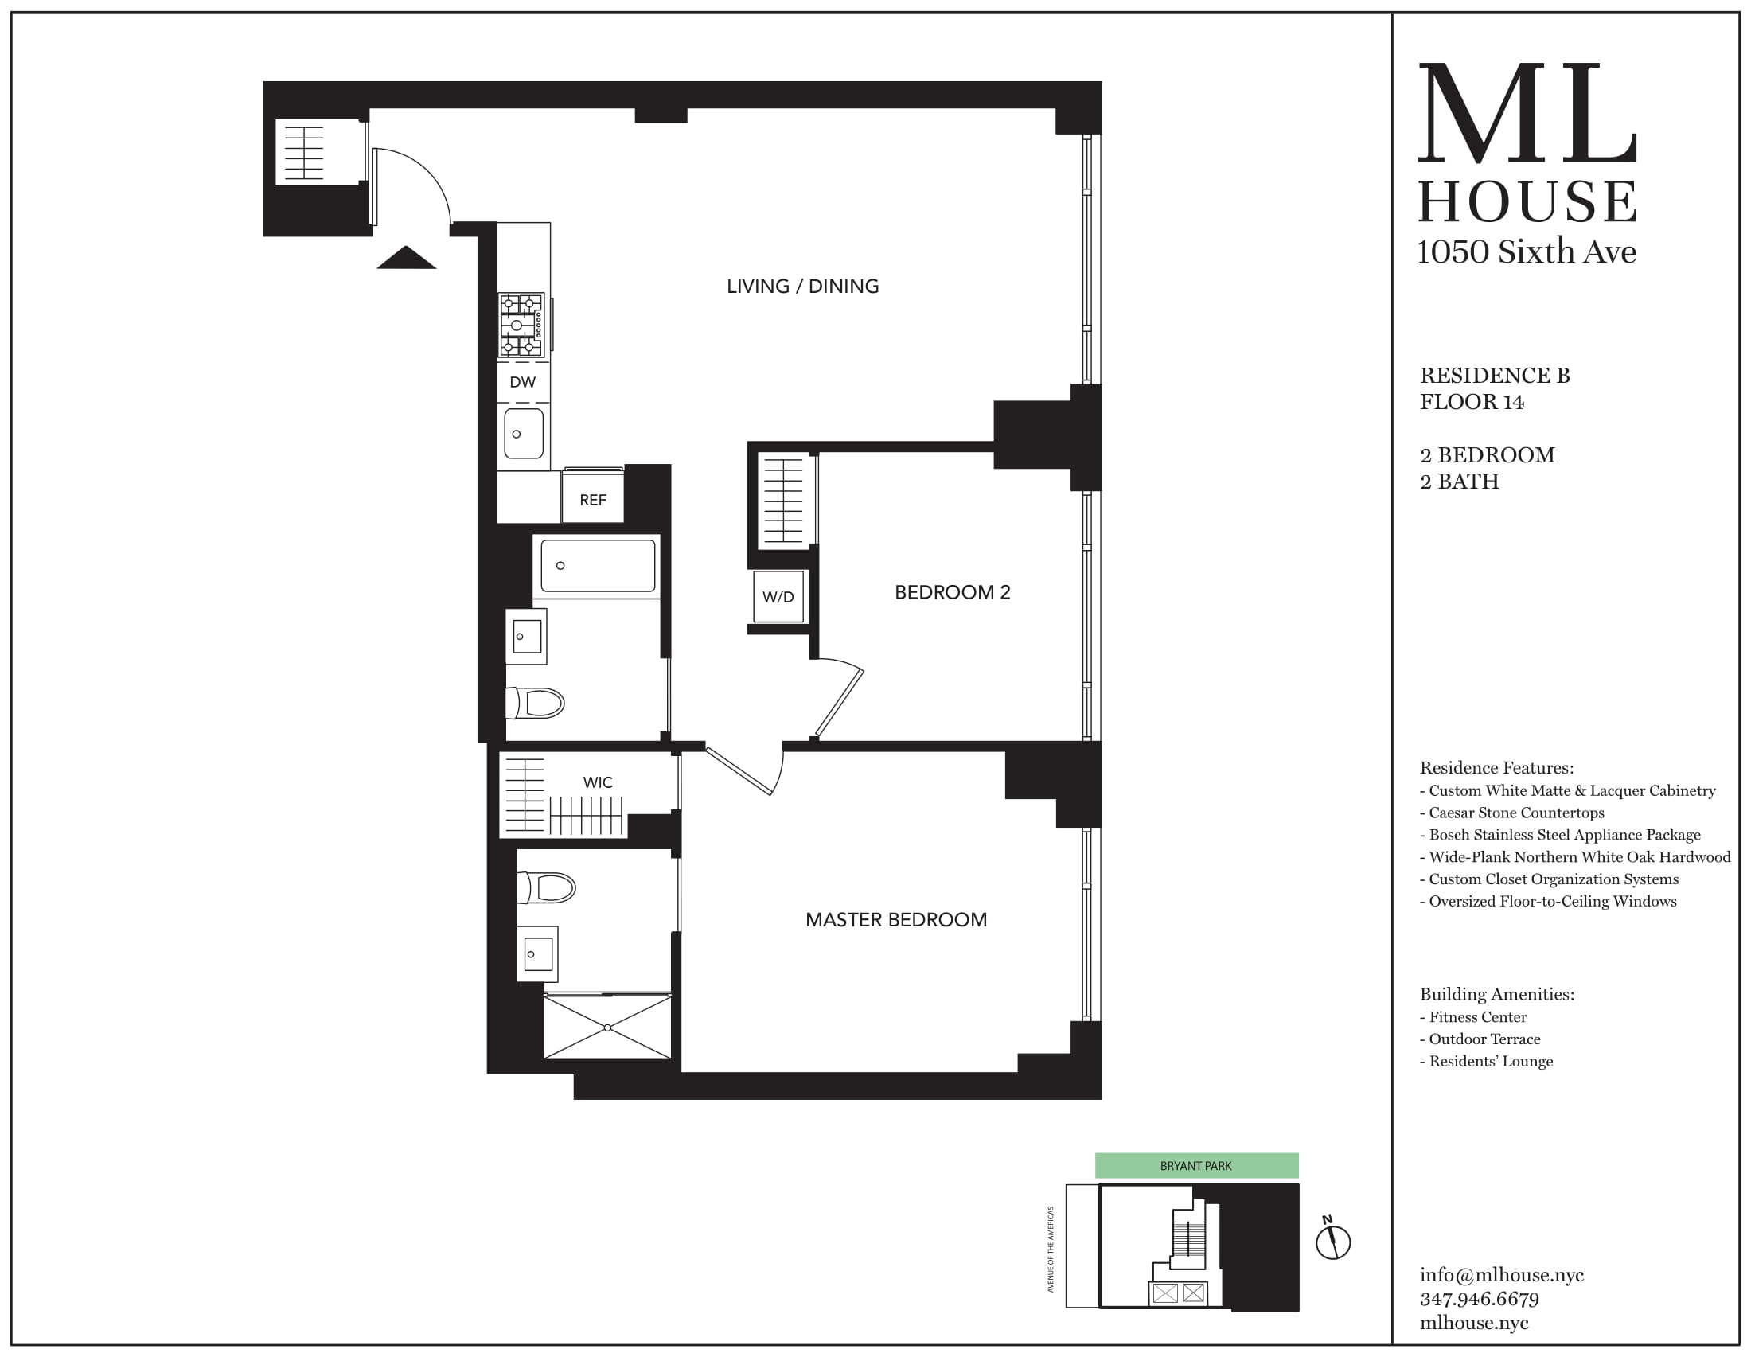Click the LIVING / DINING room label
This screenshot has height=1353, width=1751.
802,287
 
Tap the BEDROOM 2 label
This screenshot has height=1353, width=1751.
953,592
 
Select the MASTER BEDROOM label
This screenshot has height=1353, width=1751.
895,919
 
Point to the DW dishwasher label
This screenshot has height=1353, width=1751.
523,382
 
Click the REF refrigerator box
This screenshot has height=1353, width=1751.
592,499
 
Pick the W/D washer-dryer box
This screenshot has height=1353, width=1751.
778,596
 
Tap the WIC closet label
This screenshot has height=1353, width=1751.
597,782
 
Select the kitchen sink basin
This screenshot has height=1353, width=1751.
524,434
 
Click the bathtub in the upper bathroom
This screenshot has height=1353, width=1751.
597,566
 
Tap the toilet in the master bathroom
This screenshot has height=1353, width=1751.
548,887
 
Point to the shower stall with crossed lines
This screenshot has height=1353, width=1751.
607,1027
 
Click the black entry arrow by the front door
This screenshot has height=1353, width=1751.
407,257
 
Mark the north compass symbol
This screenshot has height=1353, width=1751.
1332,1242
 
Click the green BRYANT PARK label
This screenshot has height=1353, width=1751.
1196,1165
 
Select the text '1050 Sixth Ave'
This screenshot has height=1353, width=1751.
1527,251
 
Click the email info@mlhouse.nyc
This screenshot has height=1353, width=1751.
1502,1274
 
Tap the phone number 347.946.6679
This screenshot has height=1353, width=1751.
1480,1299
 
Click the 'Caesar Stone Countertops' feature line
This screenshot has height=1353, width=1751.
1516,813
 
